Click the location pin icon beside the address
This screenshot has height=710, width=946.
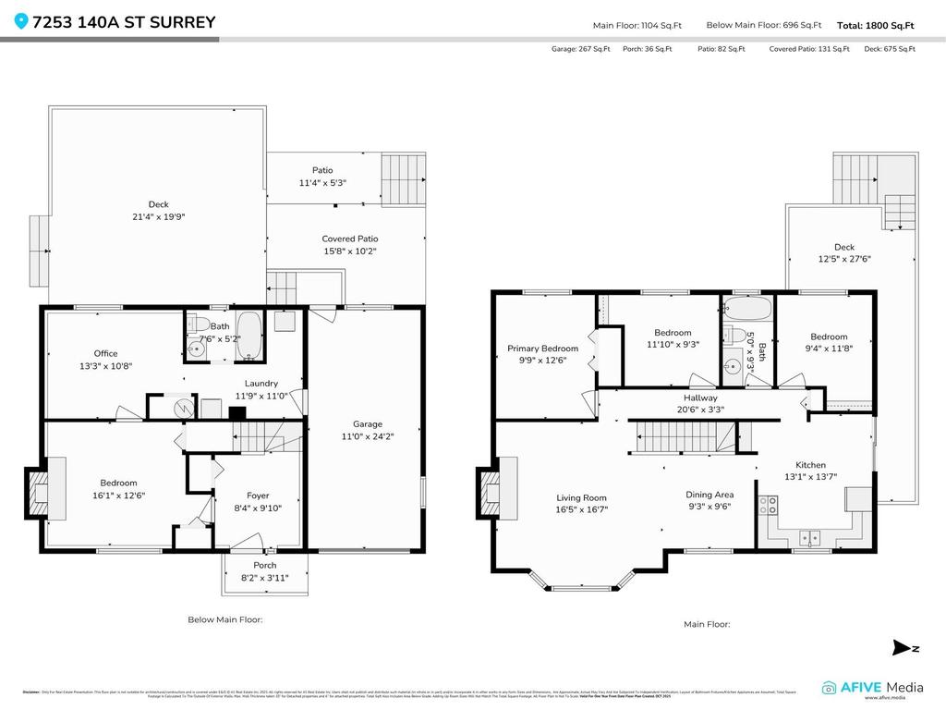pos(22,22)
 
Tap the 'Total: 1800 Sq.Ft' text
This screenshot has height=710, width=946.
pos(876,26)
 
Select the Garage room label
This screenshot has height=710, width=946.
pos(367,425)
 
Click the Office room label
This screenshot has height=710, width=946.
pos(105,353)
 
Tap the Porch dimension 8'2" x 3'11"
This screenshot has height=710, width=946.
pos(264,578)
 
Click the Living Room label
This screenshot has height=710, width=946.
pos(581,497)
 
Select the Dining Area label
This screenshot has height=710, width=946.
pos(709,495)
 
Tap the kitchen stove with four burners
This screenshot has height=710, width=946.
pos(767,505)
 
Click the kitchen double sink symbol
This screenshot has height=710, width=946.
pos(811,536)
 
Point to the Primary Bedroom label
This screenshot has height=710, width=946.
pos(542,349)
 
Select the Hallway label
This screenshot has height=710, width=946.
pos(700,398)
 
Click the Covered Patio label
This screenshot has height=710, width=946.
pos(349,239)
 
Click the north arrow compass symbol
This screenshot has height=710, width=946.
pos(902,647)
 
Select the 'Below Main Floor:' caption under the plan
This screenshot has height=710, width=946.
pos(225,619)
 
